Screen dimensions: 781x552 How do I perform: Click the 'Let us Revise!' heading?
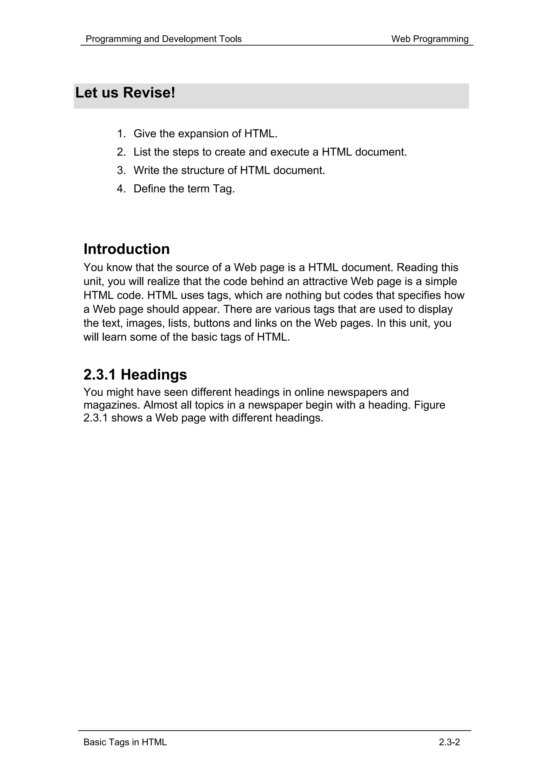pyautogui.click(x=125, y=93)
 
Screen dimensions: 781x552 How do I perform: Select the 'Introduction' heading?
pyautogui.click(x=126, y=249)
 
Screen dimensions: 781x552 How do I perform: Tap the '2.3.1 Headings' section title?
pyautogui.click(x=135, y=375)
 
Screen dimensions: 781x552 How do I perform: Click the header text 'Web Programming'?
pyautogui.click(x=430, y=39)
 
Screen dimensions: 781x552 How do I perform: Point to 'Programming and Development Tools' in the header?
pyautogui.click(x=164, y=39)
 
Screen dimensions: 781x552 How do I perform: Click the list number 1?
pyautogui.click(x=121, y=134)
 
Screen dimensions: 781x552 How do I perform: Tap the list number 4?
pyautogui.click(x=121, y=189)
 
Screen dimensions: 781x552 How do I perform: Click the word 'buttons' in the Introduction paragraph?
pyautogui.click(x=212, y=323)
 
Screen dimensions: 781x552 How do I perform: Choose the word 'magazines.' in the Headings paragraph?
pyautogui.click(x=112, y=405)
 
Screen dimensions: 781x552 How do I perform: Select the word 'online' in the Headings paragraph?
pyautogui.click(x=309, y=392)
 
